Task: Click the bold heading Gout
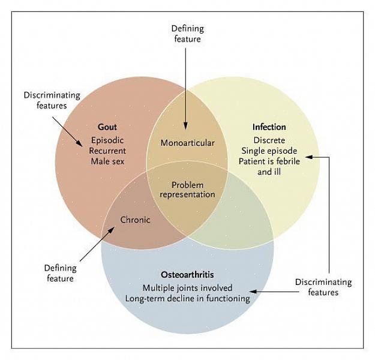click(x=107, y=127)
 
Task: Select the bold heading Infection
click(x=269, y=127)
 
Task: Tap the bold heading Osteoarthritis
click(x=187, y=274)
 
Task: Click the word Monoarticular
click(x=187, y=143)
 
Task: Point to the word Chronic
click(x=135, y=220)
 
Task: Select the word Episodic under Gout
click(x=107, y=140)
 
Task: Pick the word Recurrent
click(x=107, y=151)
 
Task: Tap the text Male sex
click(x=107, y=161)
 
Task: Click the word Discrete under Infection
click(x=269, y=140)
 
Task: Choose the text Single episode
click(x=269, y=151)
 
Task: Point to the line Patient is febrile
click(x=269, y=161)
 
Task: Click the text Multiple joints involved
click(x=187, y=287)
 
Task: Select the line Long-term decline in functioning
click(x=187, y=298)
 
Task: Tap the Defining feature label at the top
click(x=187, y=34)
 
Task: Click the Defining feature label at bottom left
click(x=59, y=273)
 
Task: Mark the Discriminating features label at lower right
click(x=323, y=287)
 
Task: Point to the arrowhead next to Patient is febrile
click(x=307, y=157)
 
